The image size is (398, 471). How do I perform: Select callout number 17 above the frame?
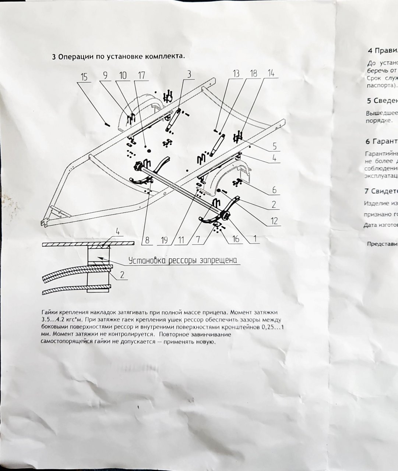tap(141, 75)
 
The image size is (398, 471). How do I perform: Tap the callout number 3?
tap(189, 74)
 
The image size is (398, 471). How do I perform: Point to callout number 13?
tap(236, 73)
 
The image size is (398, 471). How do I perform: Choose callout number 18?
tap(254, 73)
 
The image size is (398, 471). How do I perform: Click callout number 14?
tap(271, 73)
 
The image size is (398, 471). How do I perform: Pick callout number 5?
tap(274, 146)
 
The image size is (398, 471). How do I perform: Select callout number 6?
tap(274, 190)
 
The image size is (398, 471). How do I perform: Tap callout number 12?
tap(274, 221)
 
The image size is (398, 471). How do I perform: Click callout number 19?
tap(165, 240)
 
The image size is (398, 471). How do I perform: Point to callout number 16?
tap(236, 239)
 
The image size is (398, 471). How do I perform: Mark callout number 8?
tap(147, 240)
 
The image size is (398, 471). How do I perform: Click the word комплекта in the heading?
tap(164, 57)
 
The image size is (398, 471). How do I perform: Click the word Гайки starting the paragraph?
tap(48, 312)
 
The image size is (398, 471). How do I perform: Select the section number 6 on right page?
tap(367, 141)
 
